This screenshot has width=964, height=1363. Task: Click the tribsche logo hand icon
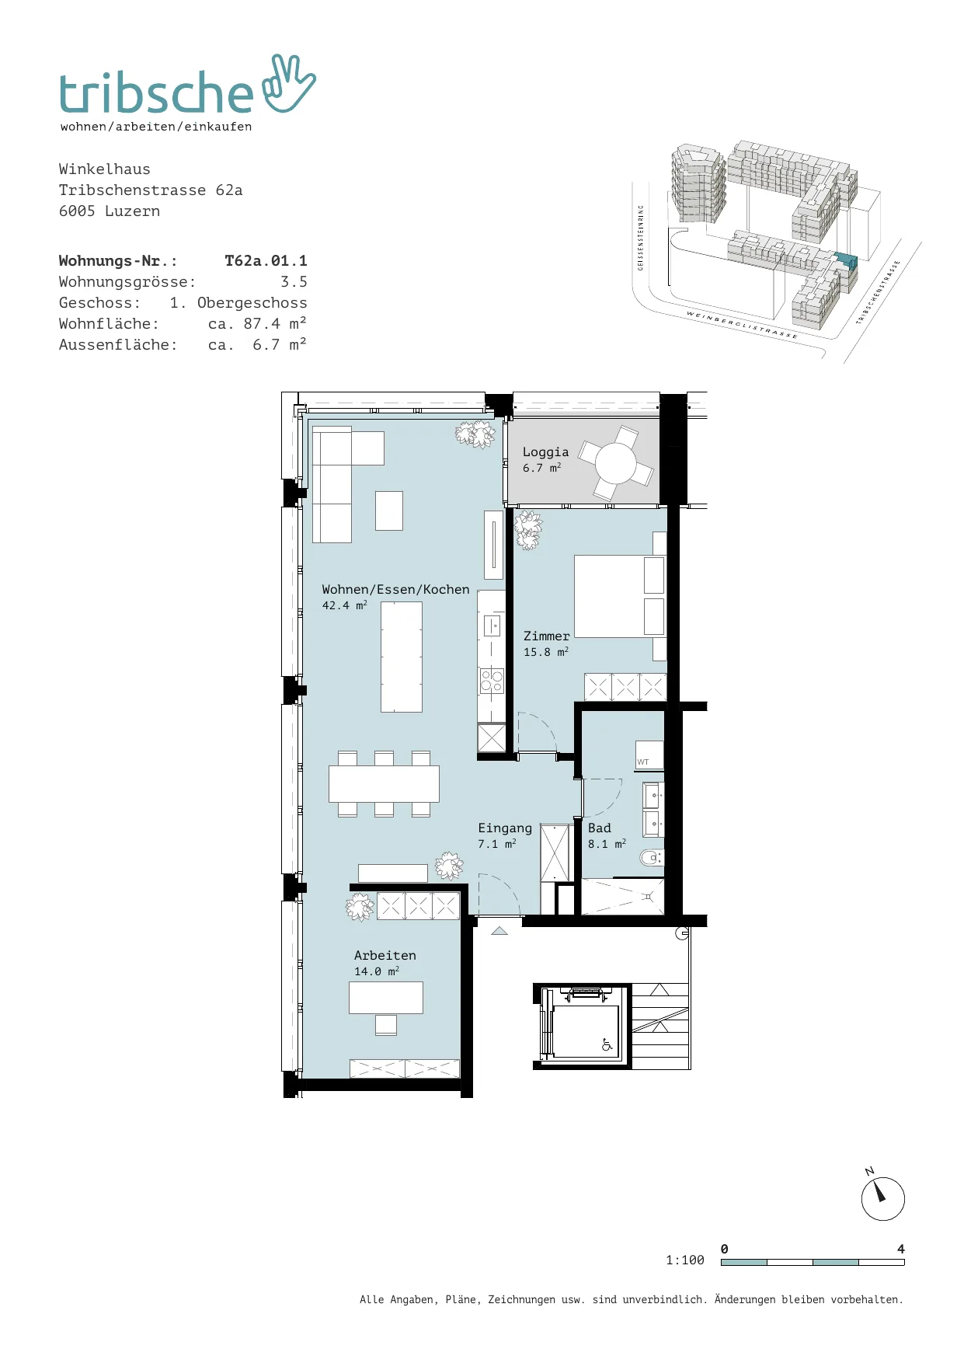point(289,84)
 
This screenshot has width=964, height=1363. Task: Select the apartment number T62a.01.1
point(266,261)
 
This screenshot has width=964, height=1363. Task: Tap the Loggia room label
point(545,452)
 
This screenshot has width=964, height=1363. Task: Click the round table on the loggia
point(616,463)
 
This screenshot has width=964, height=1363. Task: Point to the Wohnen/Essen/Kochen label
point(395,590)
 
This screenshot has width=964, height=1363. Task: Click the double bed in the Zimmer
point(620,596)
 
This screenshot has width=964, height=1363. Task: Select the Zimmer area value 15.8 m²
point(545,652)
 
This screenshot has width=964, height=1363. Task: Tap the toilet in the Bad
point(651,858)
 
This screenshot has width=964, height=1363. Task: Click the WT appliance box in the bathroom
point(649,755)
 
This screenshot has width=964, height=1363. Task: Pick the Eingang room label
point(505,828)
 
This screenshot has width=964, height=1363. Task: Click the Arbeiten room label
point(385,956)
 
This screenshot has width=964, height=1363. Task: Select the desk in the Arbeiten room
point(386,998)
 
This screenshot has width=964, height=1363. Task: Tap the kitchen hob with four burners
point(492,681)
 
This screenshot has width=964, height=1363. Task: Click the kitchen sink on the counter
point(492,625)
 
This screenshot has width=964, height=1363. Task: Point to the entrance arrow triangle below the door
point(499,931)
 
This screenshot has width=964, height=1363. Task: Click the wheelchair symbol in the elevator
point(607,1045)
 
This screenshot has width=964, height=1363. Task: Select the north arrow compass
point(882,1198)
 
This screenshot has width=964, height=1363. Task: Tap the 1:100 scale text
point(685,1260)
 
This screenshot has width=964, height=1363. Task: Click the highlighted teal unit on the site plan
point(845,260)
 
